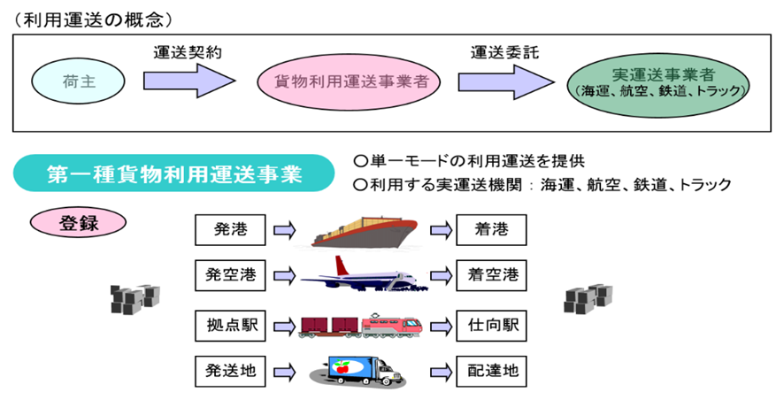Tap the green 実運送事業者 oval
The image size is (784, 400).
(659, 82)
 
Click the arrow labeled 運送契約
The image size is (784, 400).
(188, 81)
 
